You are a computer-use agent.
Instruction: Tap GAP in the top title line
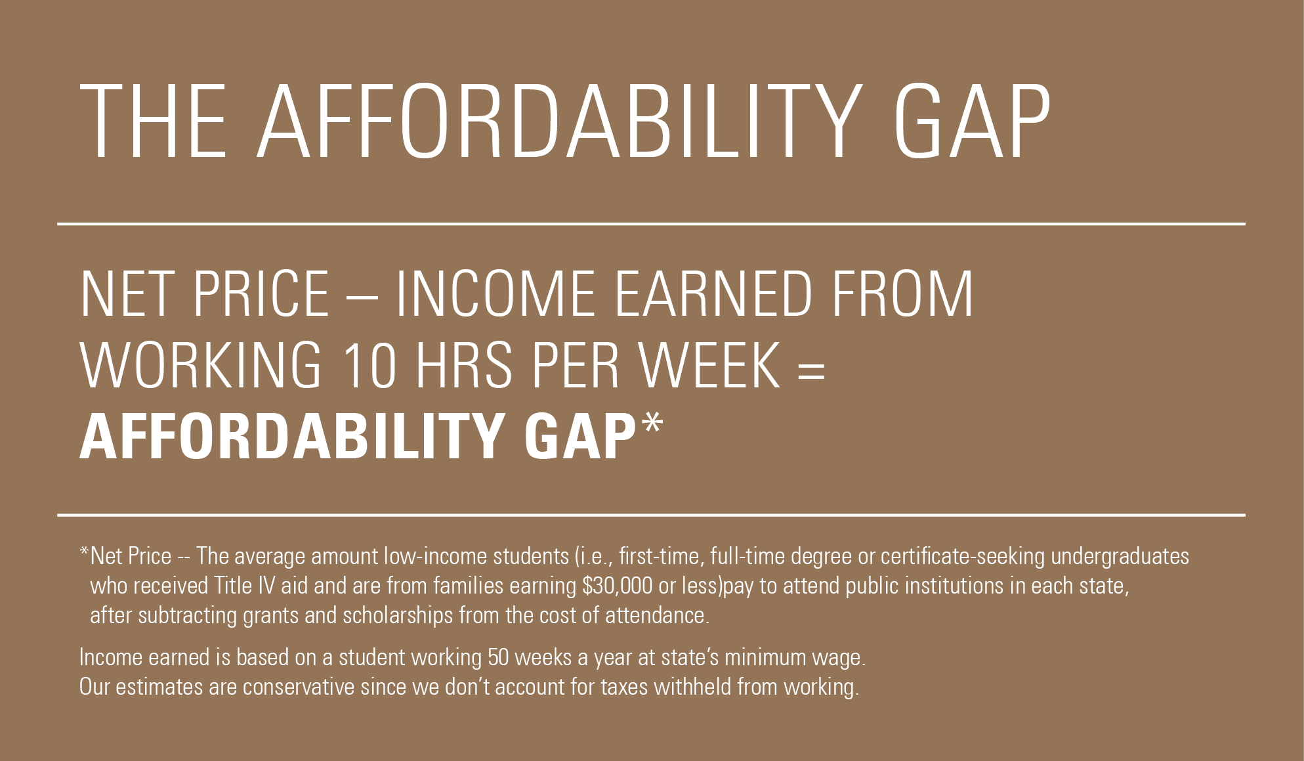(972, 121)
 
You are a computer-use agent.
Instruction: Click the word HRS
(463, 366)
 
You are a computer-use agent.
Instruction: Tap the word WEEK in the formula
(711, 366)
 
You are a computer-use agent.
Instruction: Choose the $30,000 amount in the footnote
(618, 586)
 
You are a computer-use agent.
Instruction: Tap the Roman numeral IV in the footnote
(267, 586)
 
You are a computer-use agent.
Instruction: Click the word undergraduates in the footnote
(1120, 557)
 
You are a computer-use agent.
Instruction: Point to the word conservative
(299, 687)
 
